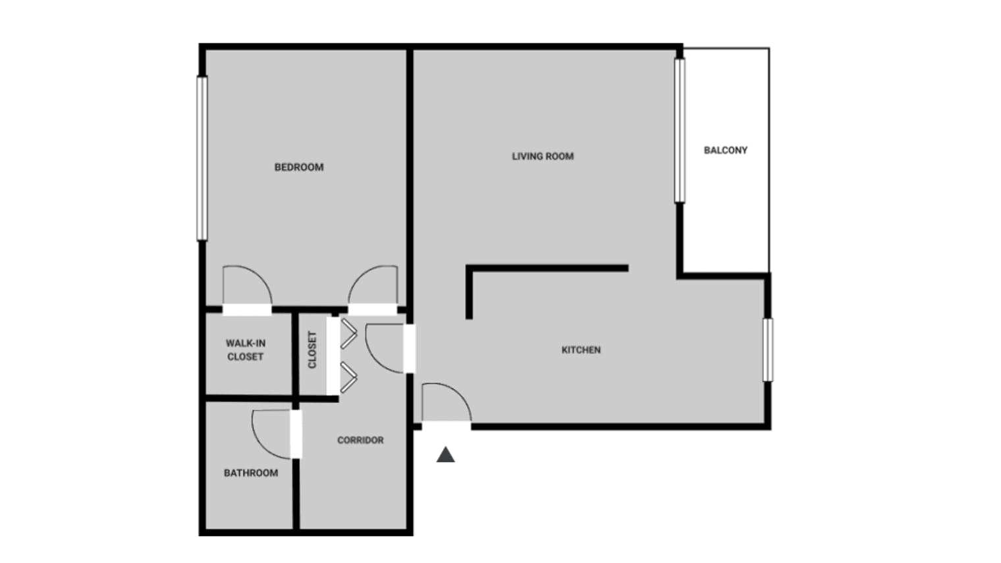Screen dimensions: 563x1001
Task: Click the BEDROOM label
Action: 299,167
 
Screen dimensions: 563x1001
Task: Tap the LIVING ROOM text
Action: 543,156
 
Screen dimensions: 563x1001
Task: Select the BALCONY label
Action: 726,150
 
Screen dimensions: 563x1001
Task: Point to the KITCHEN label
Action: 581,350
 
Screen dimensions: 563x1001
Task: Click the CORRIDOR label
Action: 360,440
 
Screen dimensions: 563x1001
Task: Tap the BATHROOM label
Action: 251,473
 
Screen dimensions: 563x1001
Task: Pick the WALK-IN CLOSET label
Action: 245,350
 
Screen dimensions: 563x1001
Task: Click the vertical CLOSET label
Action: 312,350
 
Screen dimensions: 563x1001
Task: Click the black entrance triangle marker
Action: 446,454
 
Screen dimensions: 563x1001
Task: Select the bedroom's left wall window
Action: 202,158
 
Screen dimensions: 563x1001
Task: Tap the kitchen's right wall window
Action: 768,350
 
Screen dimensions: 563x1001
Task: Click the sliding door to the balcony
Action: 680,130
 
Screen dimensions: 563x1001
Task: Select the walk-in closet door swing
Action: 246,287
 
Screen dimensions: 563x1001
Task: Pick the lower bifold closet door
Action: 348,377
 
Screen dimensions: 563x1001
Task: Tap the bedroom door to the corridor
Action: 373,287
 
